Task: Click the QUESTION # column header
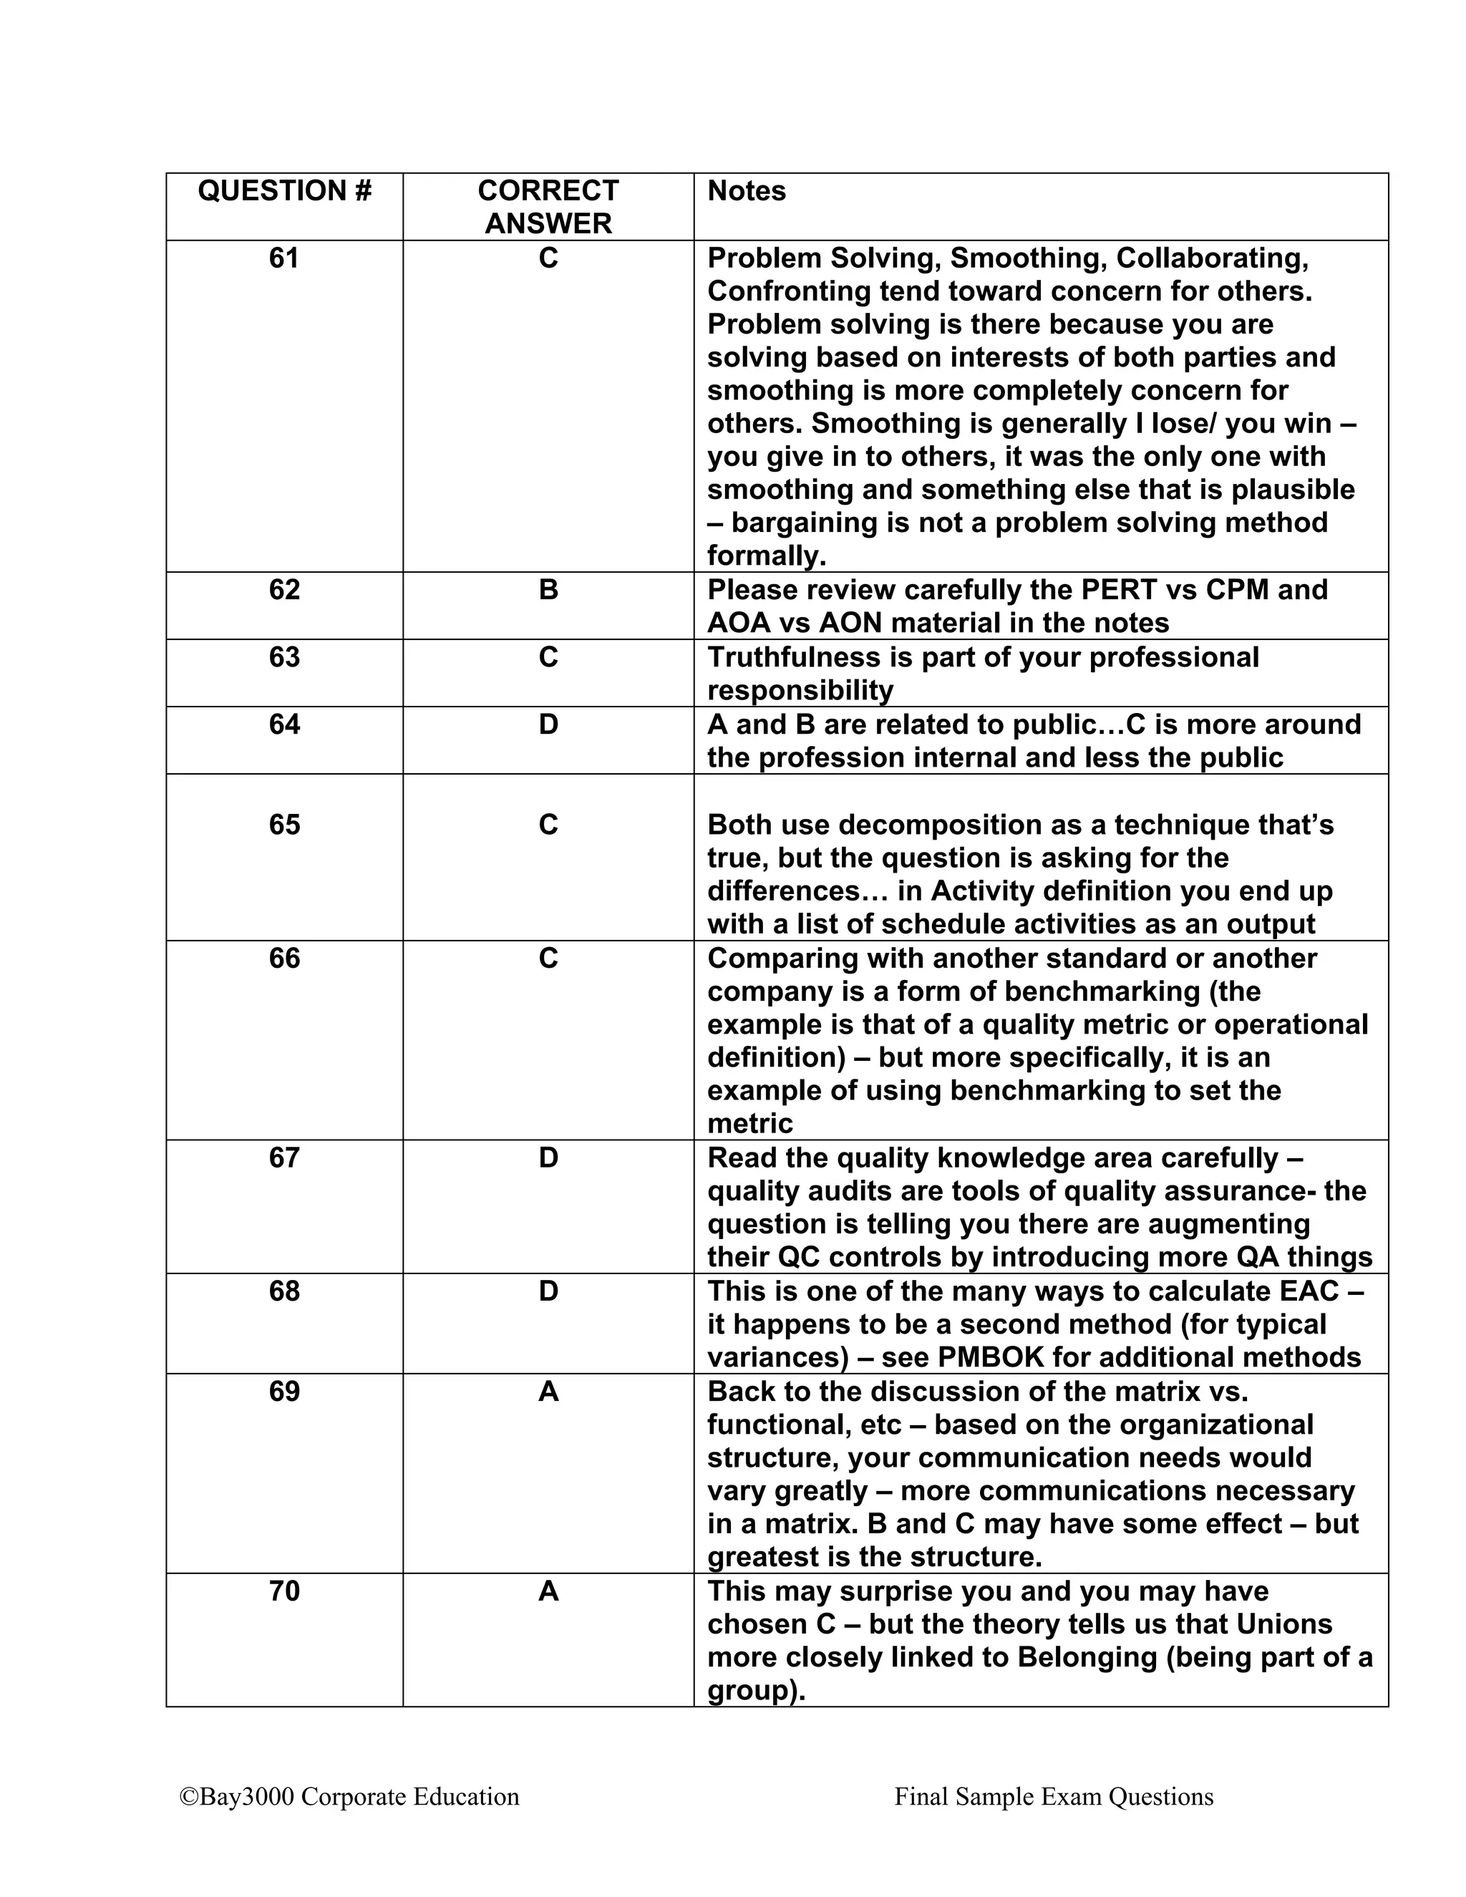click(x=284, y=191)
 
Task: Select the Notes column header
click(x=746, y=191)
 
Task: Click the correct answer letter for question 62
click(x=548, y=590)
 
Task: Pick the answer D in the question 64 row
click(x=548, y=724)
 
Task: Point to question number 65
click(x=284, y=824)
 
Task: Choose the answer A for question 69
click(x=548, y=1392)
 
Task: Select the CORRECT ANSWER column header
click(x=548, y=207)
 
